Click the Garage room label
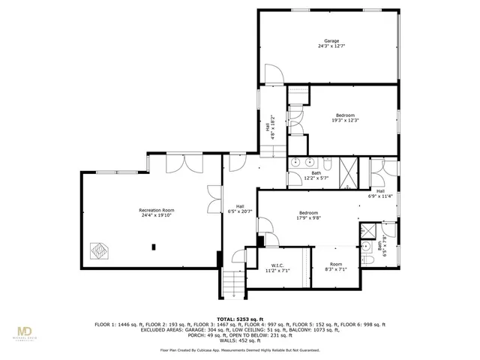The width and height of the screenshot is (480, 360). tap(331, 40)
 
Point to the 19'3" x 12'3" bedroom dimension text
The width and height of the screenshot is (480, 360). tap(346, 120)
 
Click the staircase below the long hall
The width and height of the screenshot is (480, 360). tap(234, 284)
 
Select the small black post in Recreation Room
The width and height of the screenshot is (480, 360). tap(153, 246)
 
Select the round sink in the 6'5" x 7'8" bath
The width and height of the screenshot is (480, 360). tap(365, 245)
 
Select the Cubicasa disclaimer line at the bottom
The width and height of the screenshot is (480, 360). tap(240, 349)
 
